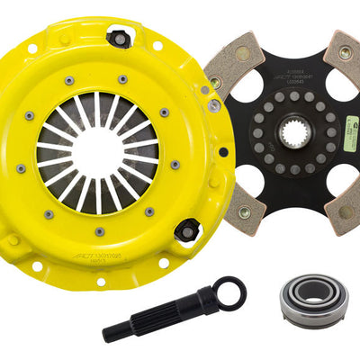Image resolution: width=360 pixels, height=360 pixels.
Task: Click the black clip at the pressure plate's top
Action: pos(118,37)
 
